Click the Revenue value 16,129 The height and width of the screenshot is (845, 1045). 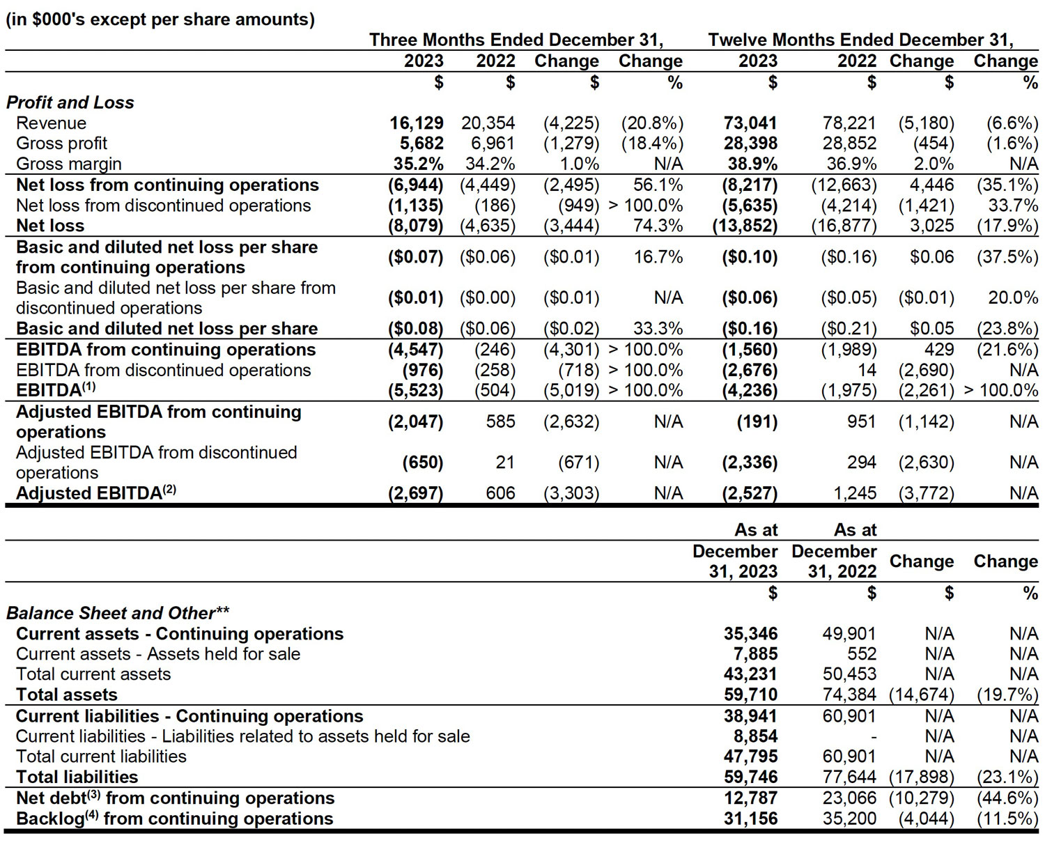tap(417, 123)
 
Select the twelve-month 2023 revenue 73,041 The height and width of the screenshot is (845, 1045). tap(750, 123)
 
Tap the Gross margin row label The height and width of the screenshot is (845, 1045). tap(69, 164)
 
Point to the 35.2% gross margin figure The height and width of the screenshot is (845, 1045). tap(419, 163)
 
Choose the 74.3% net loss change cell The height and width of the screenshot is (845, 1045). tap(658, 226)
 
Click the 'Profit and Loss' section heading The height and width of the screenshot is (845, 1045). tap(70, 102)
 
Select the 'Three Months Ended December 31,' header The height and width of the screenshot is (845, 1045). tap(516, 40)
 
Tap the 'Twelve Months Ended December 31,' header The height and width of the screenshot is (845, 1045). tap(861, 40)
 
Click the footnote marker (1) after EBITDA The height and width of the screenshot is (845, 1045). tap(88, 387)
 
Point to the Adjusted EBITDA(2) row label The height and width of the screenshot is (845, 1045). tap(95, 493)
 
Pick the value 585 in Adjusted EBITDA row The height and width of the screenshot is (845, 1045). tap(500, 421)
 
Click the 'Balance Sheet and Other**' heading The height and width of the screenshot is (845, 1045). tap(118, 613)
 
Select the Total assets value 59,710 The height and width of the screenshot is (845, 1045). tap(750, 695)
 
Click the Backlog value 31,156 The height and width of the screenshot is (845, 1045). tap(750, 819)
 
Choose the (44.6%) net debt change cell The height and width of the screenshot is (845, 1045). tap(1007, 798)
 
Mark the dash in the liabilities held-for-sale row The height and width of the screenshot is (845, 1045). tap(873, 736)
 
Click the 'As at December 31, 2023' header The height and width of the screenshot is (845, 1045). tap(736, 551)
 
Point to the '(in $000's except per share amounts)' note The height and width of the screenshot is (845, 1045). tap(160, 20)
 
